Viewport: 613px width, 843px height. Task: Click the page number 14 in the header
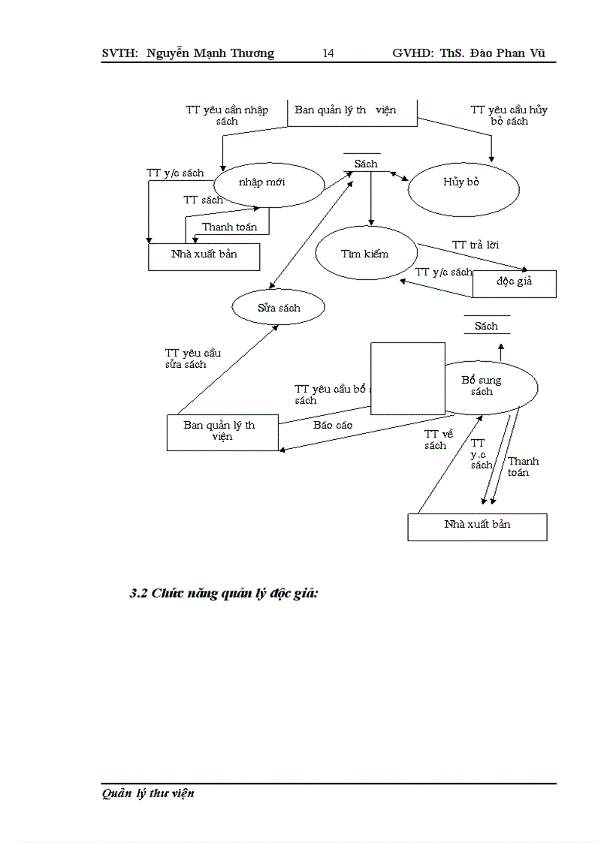[x=328, y=53]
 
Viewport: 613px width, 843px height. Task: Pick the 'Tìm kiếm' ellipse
[x=365, y=254]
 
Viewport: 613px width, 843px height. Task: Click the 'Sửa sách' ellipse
[x=279, y=308]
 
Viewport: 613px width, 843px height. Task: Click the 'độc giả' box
[x=515, y=283]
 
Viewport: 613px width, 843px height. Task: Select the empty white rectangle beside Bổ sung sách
[x=408, y=378]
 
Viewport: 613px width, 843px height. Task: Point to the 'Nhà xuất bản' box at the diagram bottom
[x=477, y=526]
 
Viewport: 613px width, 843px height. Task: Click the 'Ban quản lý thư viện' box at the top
[x=352, y=111]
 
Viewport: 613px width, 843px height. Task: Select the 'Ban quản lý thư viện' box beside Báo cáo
[x=222, y=432]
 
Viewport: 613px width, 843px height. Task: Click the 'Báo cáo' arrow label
[x=333, y=425]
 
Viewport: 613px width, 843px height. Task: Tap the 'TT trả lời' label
[x=476, y=245]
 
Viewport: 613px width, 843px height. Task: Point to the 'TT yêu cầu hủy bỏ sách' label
[x=509, y=115]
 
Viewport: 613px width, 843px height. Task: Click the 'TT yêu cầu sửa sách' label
[x=193, y=358]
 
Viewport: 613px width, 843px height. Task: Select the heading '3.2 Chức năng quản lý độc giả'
[x=225, y=594]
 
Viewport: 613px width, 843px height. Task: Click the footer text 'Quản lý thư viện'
[x=148, y=793]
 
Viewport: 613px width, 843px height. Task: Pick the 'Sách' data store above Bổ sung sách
[x=486, y=326]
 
